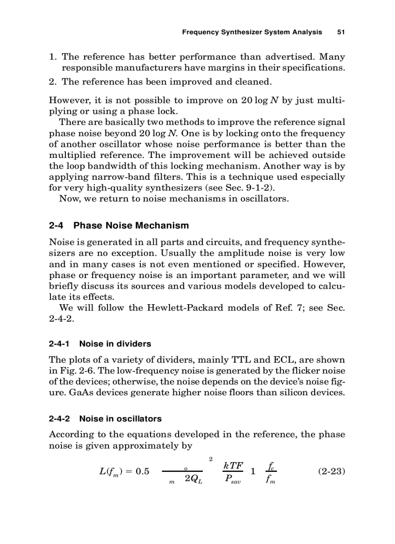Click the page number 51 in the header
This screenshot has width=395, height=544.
coord(340,32)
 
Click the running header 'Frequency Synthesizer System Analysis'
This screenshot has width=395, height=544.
coord(252,32)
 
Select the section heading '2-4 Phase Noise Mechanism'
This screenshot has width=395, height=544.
coord(119,225)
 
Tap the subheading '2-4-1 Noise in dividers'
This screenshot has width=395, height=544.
coord(100,343)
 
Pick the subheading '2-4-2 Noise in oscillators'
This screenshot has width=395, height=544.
coord(106,418)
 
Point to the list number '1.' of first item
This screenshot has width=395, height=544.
coord(53,57)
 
